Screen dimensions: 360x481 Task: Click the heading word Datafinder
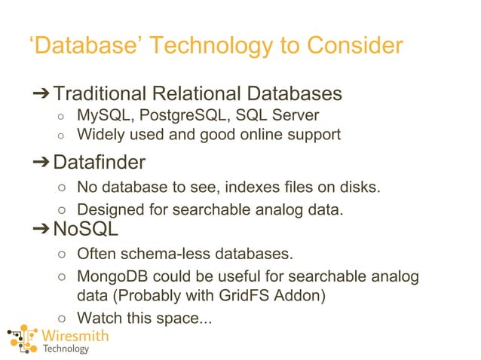tap(99, 162)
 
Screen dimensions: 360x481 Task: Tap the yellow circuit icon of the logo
tap(22, 340)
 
